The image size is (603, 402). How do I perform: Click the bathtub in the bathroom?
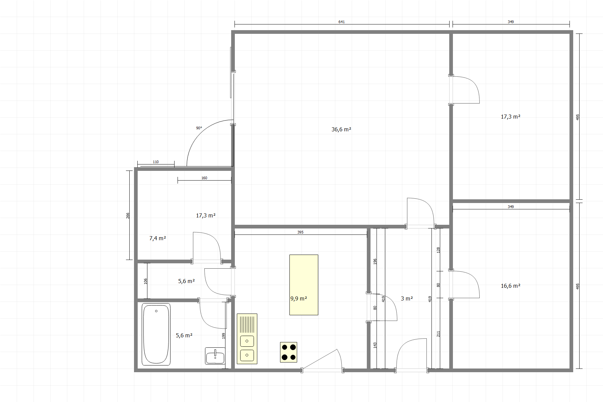[156, 334]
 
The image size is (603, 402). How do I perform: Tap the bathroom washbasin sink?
[215, 356]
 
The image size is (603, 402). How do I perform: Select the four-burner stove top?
[289, 352]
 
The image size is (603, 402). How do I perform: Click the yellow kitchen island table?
[304, 285]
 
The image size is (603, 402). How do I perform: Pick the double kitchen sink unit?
[247, 339]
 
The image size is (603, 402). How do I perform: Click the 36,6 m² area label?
[341, 129]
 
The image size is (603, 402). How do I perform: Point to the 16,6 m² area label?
[511, 286]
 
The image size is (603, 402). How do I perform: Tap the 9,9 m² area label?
[299, 298]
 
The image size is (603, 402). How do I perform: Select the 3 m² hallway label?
[407, 298]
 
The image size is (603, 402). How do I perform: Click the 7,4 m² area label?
[158, 238]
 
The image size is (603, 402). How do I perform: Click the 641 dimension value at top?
[341, 22]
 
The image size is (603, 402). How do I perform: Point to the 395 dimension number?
[300, 232]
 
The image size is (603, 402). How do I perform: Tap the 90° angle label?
[199, 128]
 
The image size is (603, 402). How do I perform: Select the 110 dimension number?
[156, 162]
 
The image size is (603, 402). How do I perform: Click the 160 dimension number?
[204, 178]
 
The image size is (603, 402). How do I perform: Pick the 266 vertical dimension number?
[128, 216]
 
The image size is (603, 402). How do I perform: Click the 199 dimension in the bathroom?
[223, 336]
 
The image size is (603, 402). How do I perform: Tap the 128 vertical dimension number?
[438, 250]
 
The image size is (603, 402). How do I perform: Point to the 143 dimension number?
[375, 345]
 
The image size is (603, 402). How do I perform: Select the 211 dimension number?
[438, 334]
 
